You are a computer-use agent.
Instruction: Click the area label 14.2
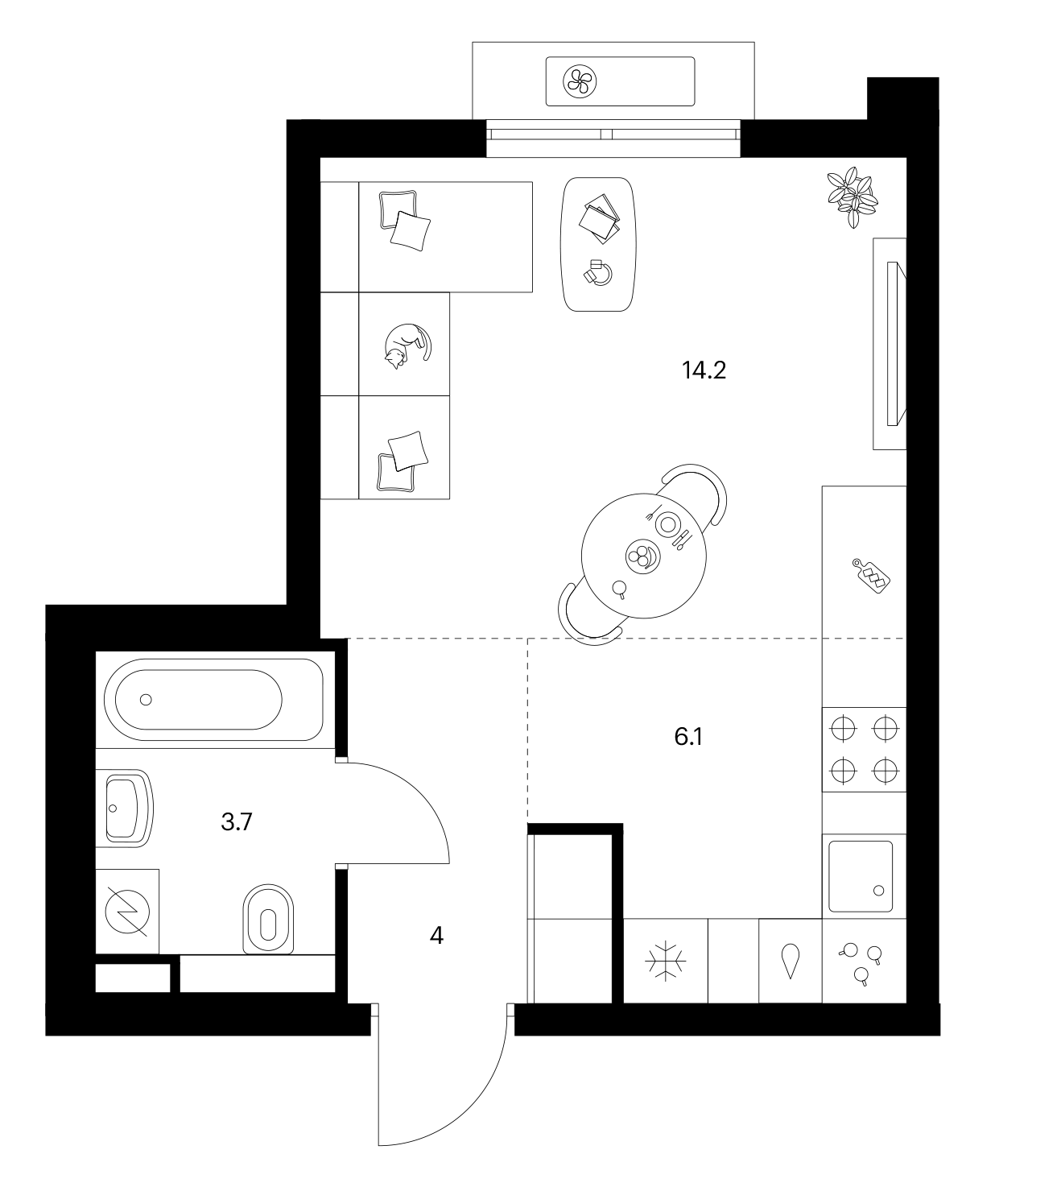pyautogui.click(x=704, y=370)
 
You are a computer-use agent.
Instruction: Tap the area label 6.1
pyautogui.click(x=688, y=737)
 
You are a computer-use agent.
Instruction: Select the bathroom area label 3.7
pyautogui.click(x=237, y=822)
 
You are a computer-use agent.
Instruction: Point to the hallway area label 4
pyautogui.click(x=436, y=937)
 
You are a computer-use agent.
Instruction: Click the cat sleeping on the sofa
pyautogui.click(x=407, y=345)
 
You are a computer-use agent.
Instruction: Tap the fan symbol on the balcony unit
pyautogui.click(x=580, y=81)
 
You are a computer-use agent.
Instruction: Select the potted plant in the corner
pyautogui.click(x=853, y=196)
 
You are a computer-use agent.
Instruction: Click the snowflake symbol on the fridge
pyautogui.click(x=665, y=962)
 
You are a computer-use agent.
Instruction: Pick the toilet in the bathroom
pyautogui.click(x=268, y=920)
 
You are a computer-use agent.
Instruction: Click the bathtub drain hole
pyautogui.click(x=147, y=700)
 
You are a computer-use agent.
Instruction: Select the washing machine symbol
pyautogui.click(x=127, y=912)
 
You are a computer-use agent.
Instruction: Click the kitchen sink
pyautogui.click(x=861, y=876)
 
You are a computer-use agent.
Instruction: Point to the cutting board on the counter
pyautogui.click(x=871, y=576)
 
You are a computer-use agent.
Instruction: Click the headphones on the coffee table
pyautogui.click(x=598, y=272)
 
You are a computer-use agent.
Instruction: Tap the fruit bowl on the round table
pyautogui.click(x=643, y=556)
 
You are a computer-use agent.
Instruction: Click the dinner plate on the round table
pyautogui.click(x=668, y=523)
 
